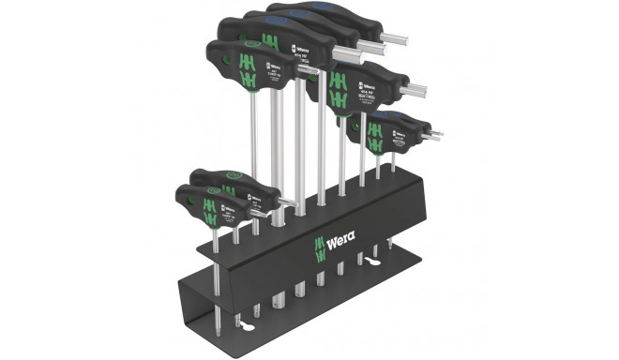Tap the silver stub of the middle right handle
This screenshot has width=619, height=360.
[415, 91]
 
